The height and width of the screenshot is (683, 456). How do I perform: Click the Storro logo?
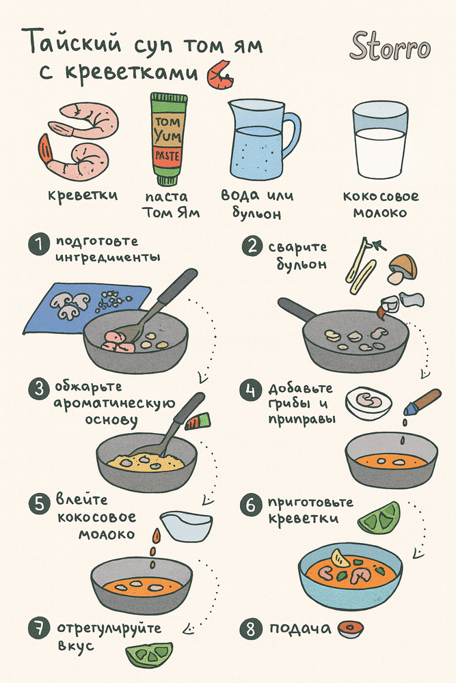390,48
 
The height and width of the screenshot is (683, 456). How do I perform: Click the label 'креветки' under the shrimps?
83,195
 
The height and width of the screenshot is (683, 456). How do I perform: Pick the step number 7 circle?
40,628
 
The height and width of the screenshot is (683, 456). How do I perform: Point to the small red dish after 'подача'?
350,628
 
